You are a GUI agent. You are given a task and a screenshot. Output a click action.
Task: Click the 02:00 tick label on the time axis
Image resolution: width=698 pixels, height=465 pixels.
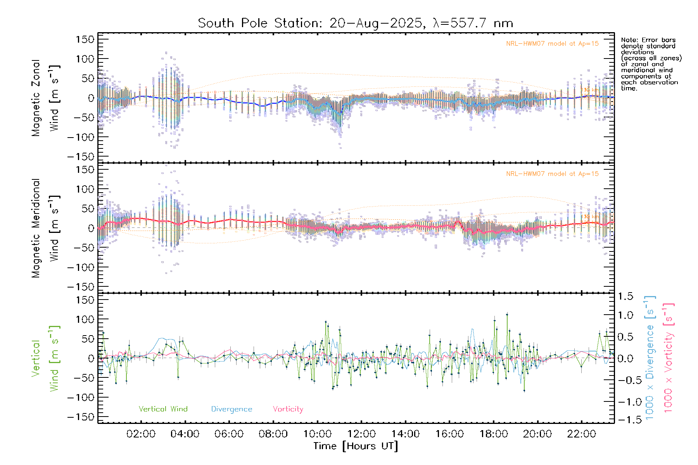[141, 434]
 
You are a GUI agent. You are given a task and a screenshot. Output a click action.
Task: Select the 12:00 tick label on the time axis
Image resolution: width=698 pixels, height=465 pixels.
[361, 434]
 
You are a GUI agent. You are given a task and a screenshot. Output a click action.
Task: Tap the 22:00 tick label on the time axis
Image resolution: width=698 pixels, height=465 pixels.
[581, 434]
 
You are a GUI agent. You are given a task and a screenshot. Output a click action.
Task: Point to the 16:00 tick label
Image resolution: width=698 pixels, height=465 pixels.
[449, 434]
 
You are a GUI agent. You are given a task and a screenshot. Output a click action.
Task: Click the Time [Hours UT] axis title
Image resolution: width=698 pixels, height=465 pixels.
[356, 446]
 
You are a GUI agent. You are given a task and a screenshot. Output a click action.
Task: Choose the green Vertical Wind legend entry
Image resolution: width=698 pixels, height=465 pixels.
[163, 409]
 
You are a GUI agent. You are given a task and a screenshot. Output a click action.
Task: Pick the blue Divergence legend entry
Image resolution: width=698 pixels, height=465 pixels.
[232, 409]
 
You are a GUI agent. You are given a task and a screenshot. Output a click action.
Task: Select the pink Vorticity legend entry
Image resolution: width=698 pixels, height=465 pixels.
[288, 409]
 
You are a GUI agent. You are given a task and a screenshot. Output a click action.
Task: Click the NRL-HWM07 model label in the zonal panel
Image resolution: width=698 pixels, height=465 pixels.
[552, 44]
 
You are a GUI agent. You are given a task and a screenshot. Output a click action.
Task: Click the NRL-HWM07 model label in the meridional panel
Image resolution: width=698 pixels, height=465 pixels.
[552, 174]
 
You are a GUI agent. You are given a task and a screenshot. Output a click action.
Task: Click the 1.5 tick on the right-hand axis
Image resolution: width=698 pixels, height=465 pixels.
[625, 296]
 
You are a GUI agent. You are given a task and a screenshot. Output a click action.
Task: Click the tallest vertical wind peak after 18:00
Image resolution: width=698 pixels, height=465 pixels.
[507, 314]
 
